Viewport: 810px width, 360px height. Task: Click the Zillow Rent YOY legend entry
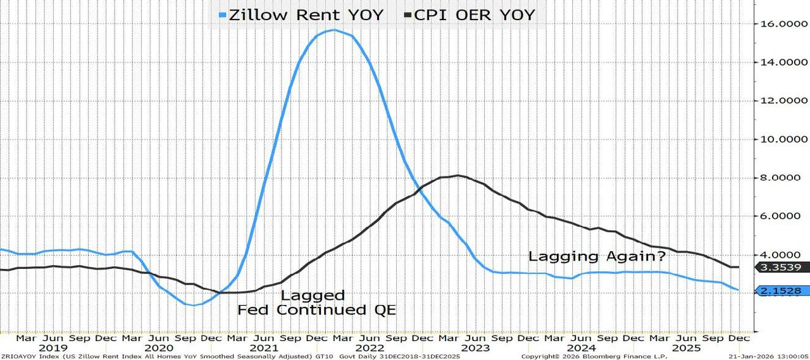302,15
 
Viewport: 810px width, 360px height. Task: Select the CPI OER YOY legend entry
470,15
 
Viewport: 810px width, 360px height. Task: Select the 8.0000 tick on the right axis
783,178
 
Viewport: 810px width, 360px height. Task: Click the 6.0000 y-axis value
783,217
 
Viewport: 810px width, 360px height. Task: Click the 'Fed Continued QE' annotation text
316,310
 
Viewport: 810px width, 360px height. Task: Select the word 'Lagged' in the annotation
313,295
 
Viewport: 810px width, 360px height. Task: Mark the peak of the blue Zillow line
333,30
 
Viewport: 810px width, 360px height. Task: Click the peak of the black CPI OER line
458,175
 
